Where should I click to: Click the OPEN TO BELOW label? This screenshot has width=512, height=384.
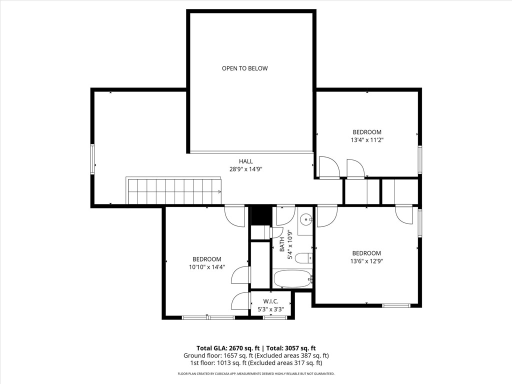coord(245,68)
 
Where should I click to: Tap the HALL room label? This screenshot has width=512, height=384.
coord(246,161)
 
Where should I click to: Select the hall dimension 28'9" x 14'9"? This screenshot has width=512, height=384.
coord(246,169)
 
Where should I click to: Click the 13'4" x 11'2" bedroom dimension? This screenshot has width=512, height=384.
coord(367,140)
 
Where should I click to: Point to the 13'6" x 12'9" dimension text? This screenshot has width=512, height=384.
coord(366,261)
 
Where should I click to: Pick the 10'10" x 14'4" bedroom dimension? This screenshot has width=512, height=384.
coord(207,267)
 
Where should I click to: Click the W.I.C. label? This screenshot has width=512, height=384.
coord(270,301)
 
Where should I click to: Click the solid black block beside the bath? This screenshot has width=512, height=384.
coord(261,215)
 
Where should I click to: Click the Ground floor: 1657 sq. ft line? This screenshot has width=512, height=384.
coord(256,355)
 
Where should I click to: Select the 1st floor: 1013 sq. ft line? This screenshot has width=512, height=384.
coord(256,363)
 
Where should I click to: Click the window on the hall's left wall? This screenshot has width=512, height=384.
coord(92,159)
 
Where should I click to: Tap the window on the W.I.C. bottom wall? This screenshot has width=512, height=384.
coord(270,317)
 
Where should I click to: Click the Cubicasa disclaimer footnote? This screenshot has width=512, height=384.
coord(256,374)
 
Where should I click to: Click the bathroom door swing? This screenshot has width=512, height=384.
coord(286,216)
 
